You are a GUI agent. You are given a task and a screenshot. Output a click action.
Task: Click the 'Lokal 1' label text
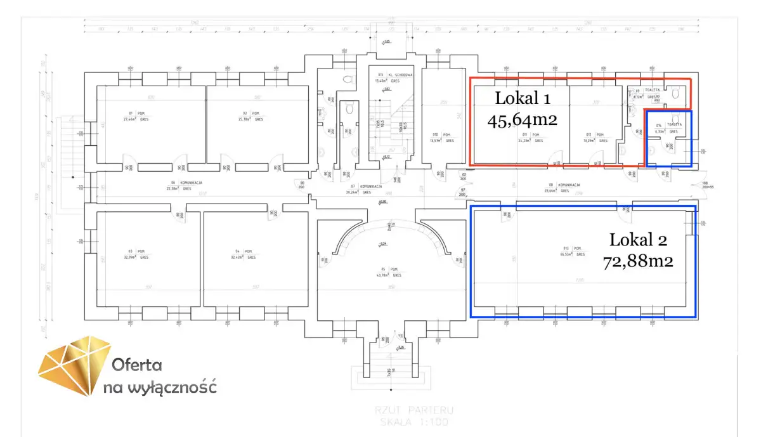click(522, 98)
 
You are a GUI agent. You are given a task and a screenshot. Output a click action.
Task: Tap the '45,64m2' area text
click(522, 120)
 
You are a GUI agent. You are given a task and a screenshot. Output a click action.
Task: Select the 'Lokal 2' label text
click(638, 240)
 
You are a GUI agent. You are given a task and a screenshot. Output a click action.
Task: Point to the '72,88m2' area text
click(638, 261)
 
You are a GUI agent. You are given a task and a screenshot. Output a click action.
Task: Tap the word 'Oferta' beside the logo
click(137, 365)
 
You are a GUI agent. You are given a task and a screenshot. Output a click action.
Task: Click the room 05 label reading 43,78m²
click(384, 273)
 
